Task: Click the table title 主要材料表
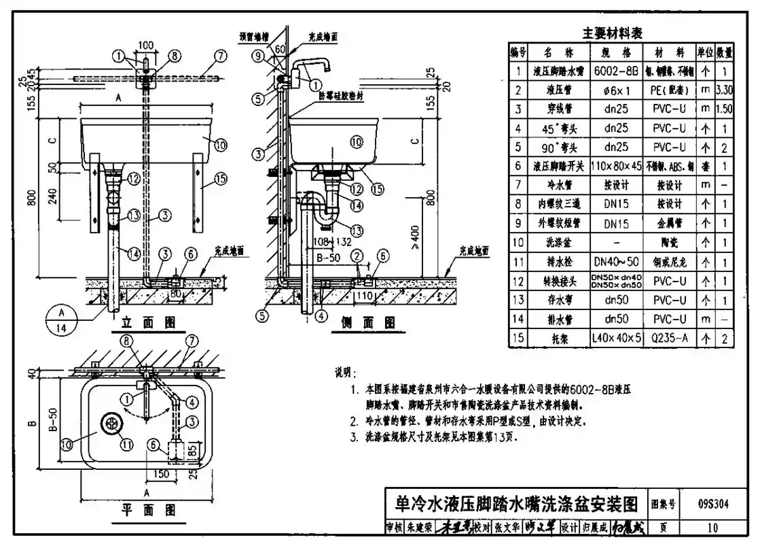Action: [612, 33]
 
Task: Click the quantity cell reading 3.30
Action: [725, 90]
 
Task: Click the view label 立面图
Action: [149, 322]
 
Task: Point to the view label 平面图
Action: [149, 509]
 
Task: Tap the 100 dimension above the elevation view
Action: [146, 45]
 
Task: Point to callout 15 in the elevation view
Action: [219, 178]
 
